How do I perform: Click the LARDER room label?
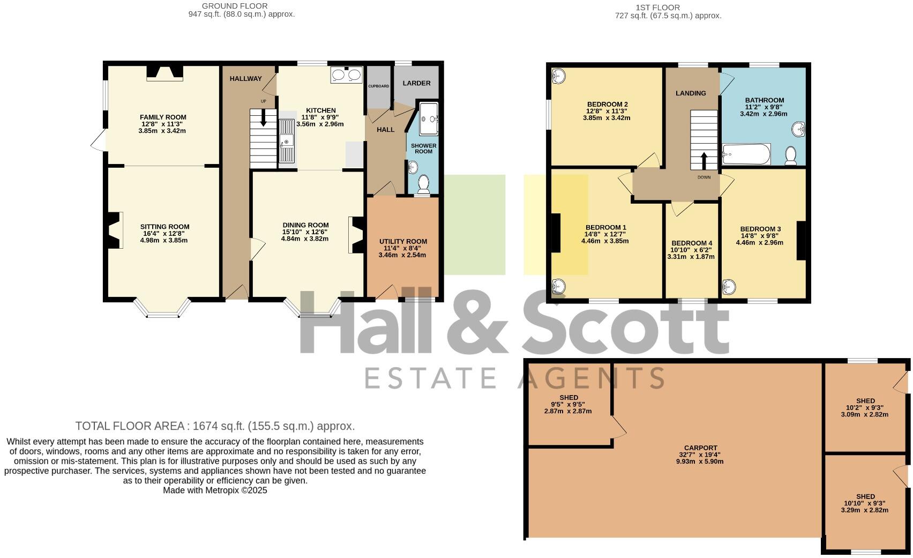pos(416,83)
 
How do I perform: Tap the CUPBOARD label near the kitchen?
pos(378,86)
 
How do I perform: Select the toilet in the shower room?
pos(424,184)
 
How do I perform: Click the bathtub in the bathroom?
pos(746,155)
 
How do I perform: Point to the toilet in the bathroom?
pos(790,156)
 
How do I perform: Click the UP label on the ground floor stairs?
pos(263,101)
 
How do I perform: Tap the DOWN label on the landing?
pos(704,177)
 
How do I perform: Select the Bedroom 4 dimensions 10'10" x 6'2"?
pos(691,250)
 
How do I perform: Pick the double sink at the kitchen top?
pos(347,75)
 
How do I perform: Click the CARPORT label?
pos(700,448)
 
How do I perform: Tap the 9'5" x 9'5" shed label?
pos(568,404)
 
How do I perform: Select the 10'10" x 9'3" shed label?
pos(865,503)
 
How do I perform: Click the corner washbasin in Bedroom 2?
pos(558,76)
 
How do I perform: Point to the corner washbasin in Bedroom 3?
pos(730,287)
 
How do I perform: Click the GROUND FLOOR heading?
pos(235,6)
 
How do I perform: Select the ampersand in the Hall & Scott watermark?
pos(461,322)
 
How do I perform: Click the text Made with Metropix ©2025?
pos(215,490)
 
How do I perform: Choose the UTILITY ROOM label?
pos(403,241)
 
